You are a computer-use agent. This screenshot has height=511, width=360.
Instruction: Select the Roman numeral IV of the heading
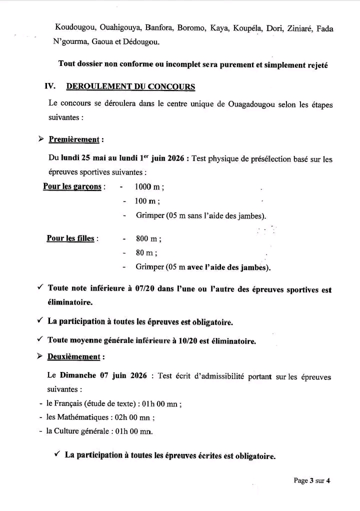click(x=50, y=86)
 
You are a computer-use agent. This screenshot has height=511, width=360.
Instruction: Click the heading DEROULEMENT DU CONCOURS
click(x=130, y=86)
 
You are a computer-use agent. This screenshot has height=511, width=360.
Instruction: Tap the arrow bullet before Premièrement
click(x=41, y=139)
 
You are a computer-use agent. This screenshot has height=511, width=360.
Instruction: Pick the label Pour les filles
click(x=70, y=238)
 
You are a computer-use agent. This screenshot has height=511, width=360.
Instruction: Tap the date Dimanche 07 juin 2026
click(x=103, y=375)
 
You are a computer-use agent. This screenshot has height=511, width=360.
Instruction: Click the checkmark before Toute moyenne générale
click(x=40, y=340)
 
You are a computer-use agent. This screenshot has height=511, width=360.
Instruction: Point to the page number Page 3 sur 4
click(x=312, y=481)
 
